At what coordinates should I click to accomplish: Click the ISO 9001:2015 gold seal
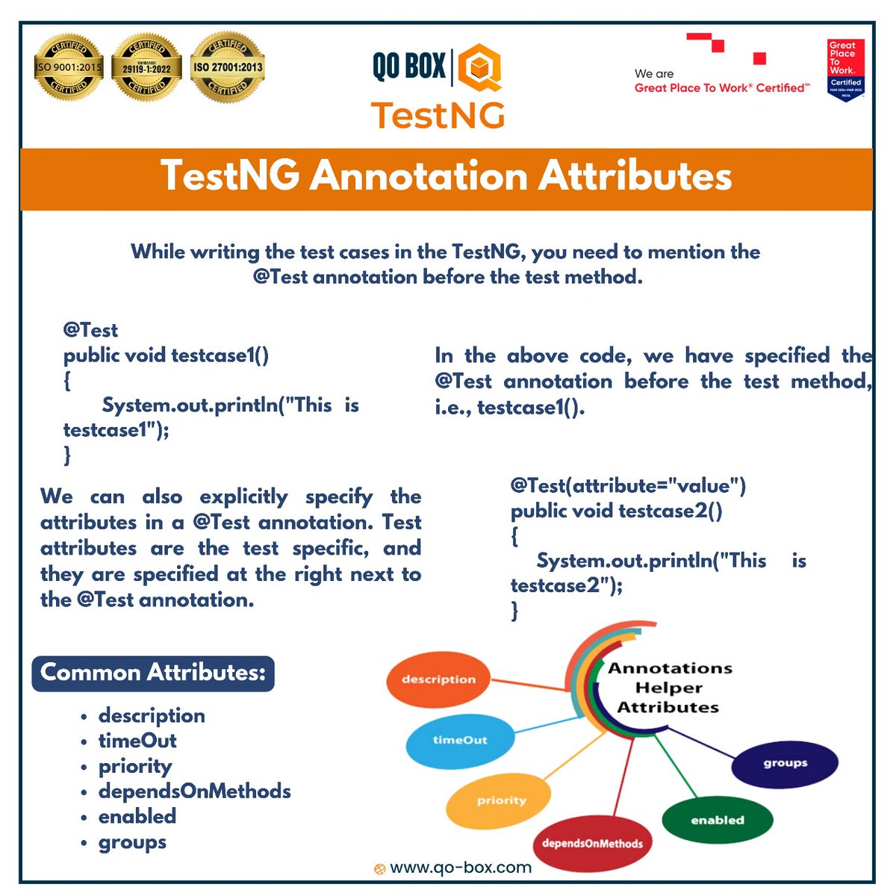point(69,66)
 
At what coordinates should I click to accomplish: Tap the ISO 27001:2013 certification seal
point(228,66)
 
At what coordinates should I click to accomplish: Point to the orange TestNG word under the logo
point(438,115)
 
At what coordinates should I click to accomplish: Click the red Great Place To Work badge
point(845,69)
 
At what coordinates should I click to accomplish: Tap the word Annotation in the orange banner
point(419,177)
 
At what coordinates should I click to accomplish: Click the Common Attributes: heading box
point(153,673)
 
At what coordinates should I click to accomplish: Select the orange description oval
point(438,679)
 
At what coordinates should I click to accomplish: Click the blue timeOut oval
point(459,740)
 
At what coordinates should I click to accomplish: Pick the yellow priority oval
point(500,800)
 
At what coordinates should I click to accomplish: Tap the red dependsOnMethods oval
point(592,844)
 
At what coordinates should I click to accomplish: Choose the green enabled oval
point(717,820)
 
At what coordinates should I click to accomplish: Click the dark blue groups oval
point(785,763)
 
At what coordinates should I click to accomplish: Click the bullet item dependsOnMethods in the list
point(194,791)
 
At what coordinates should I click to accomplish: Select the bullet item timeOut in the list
point(137,741)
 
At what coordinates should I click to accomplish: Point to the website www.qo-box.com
point(460,868)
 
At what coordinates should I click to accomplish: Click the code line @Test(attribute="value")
point(628,486)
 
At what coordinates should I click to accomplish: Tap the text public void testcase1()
point(166,355)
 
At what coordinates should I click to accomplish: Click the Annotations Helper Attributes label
point(669,687)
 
